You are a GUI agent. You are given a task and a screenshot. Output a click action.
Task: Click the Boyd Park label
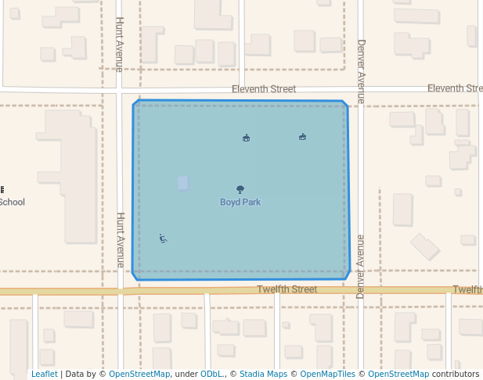point(240,203)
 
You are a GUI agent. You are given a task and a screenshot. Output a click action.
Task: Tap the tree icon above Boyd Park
point(240,189)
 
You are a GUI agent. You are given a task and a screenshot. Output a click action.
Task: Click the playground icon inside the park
point(163,238)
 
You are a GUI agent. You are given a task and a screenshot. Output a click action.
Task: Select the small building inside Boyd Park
point(183,183)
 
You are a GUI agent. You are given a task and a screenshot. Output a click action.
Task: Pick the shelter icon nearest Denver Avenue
point(302,137)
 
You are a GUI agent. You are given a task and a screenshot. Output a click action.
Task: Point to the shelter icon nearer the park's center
point(247,138)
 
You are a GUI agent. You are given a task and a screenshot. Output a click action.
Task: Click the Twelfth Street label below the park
point(287,289)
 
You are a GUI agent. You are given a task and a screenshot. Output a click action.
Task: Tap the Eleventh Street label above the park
point(264,89)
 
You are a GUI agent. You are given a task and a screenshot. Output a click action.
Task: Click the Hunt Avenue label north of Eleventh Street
point(120,44)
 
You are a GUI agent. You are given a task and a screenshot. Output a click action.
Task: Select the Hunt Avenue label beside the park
point(121,239)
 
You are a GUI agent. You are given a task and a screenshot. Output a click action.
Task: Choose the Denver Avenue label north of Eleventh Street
point(361,71)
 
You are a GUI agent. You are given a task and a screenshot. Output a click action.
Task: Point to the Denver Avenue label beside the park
point(361,266)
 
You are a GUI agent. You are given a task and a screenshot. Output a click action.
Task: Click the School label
point(12,203)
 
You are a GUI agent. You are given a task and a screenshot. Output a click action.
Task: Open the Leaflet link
point(44,375)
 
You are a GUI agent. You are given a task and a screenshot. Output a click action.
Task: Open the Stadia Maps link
point(263,375)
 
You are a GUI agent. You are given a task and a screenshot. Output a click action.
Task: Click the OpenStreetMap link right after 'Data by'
point(139,375)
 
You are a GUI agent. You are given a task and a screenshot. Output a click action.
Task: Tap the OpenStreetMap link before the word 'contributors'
point(398,375)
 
